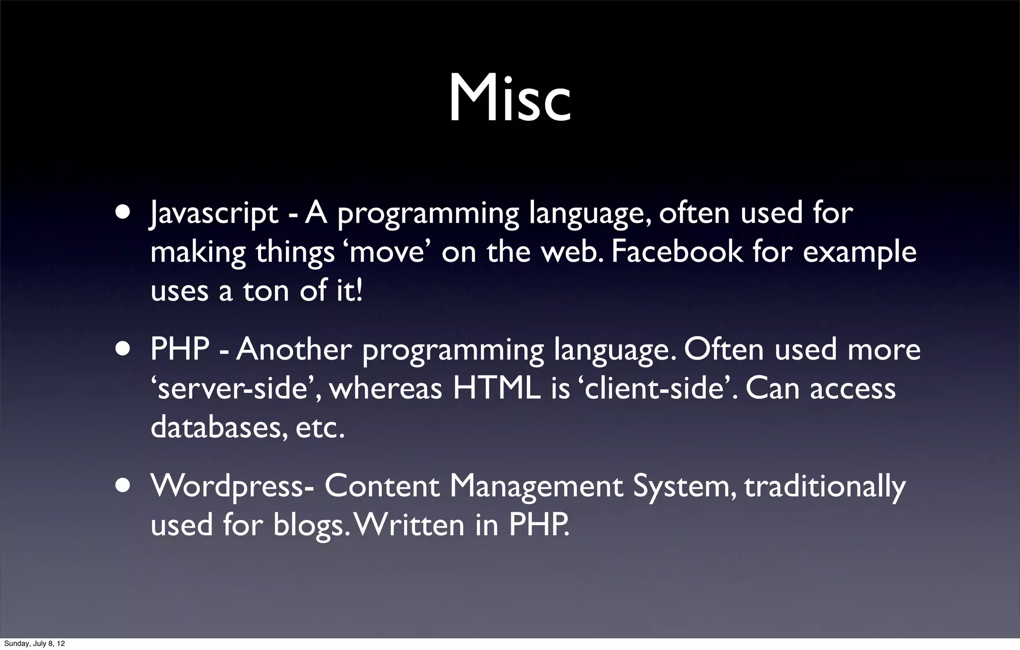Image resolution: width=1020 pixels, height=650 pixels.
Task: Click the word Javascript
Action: click(214, 213)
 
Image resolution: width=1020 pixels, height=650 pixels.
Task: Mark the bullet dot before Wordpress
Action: click(123, 486)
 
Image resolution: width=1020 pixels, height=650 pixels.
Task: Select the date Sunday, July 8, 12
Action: click(34, 644)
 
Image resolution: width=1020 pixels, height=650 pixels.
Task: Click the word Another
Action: click(294, 350)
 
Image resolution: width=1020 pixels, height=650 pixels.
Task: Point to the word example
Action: click(860, 252)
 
